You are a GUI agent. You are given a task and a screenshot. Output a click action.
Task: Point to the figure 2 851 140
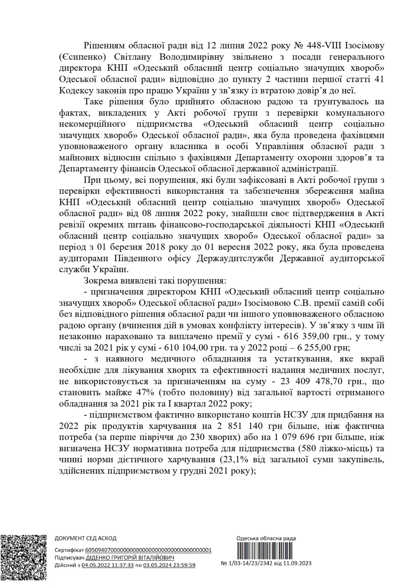221,426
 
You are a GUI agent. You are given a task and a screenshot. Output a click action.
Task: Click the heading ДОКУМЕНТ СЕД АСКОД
86,538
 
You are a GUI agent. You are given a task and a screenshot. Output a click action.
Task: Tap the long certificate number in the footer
148,550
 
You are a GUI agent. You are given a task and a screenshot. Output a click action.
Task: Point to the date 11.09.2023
298,563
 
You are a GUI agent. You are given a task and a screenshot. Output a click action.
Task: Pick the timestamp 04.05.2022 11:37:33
108,565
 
